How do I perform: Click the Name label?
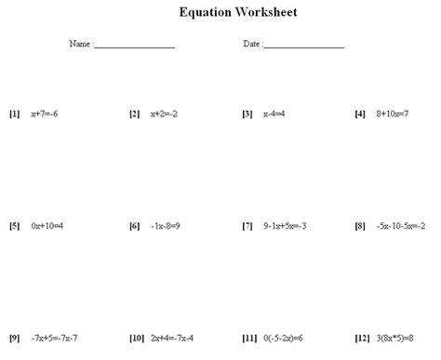tap(79, 45)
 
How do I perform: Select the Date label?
tap(251, 45)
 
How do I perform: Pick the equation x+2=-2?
tap(164, 114)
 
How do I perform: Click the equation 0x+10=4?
tap(47, 226)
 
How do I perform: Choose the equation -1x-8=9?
tap(167, 226)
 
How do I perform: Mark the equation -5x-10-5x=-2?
tap(401, 226)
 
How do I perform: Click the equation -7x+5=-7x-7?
tap(55, 338)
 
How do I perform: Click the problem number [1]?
tap(14, 114)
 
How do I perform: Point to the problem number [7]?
tap(247, 226)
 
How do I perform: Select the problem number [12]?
tap(363, 338)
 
